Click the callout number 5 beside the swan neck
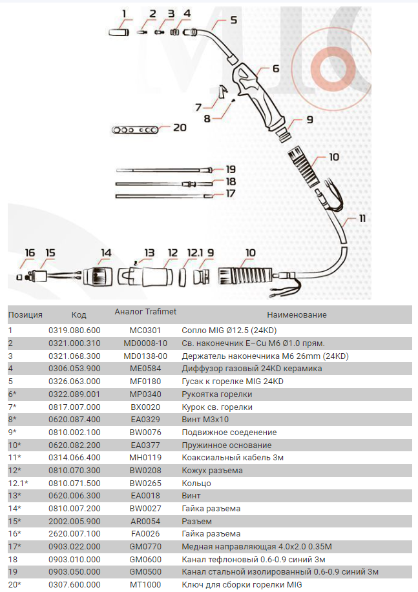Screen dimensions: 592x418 (x=233, y=20)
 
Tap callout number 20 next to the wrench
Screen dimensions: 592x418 (x=179, y=128)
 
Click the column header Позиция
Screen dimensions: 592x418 (x=25, y=314)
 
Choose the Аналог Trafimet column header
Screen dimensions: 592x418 (x=145, y=311)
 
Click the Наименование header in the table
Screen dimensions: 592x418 (x=297, y=314)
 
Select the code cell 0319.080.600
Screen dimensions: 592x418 (x=74, y=331)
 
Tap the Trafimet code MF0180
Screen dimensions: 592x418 (x=145, y=382)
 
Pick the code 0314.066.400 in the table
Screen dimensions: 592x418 (x=74, y=458)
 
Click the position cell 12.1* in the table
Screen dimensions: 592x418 (x=18, y=483)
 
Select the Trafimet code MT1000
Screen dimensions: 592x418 (x=145, y=584)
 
